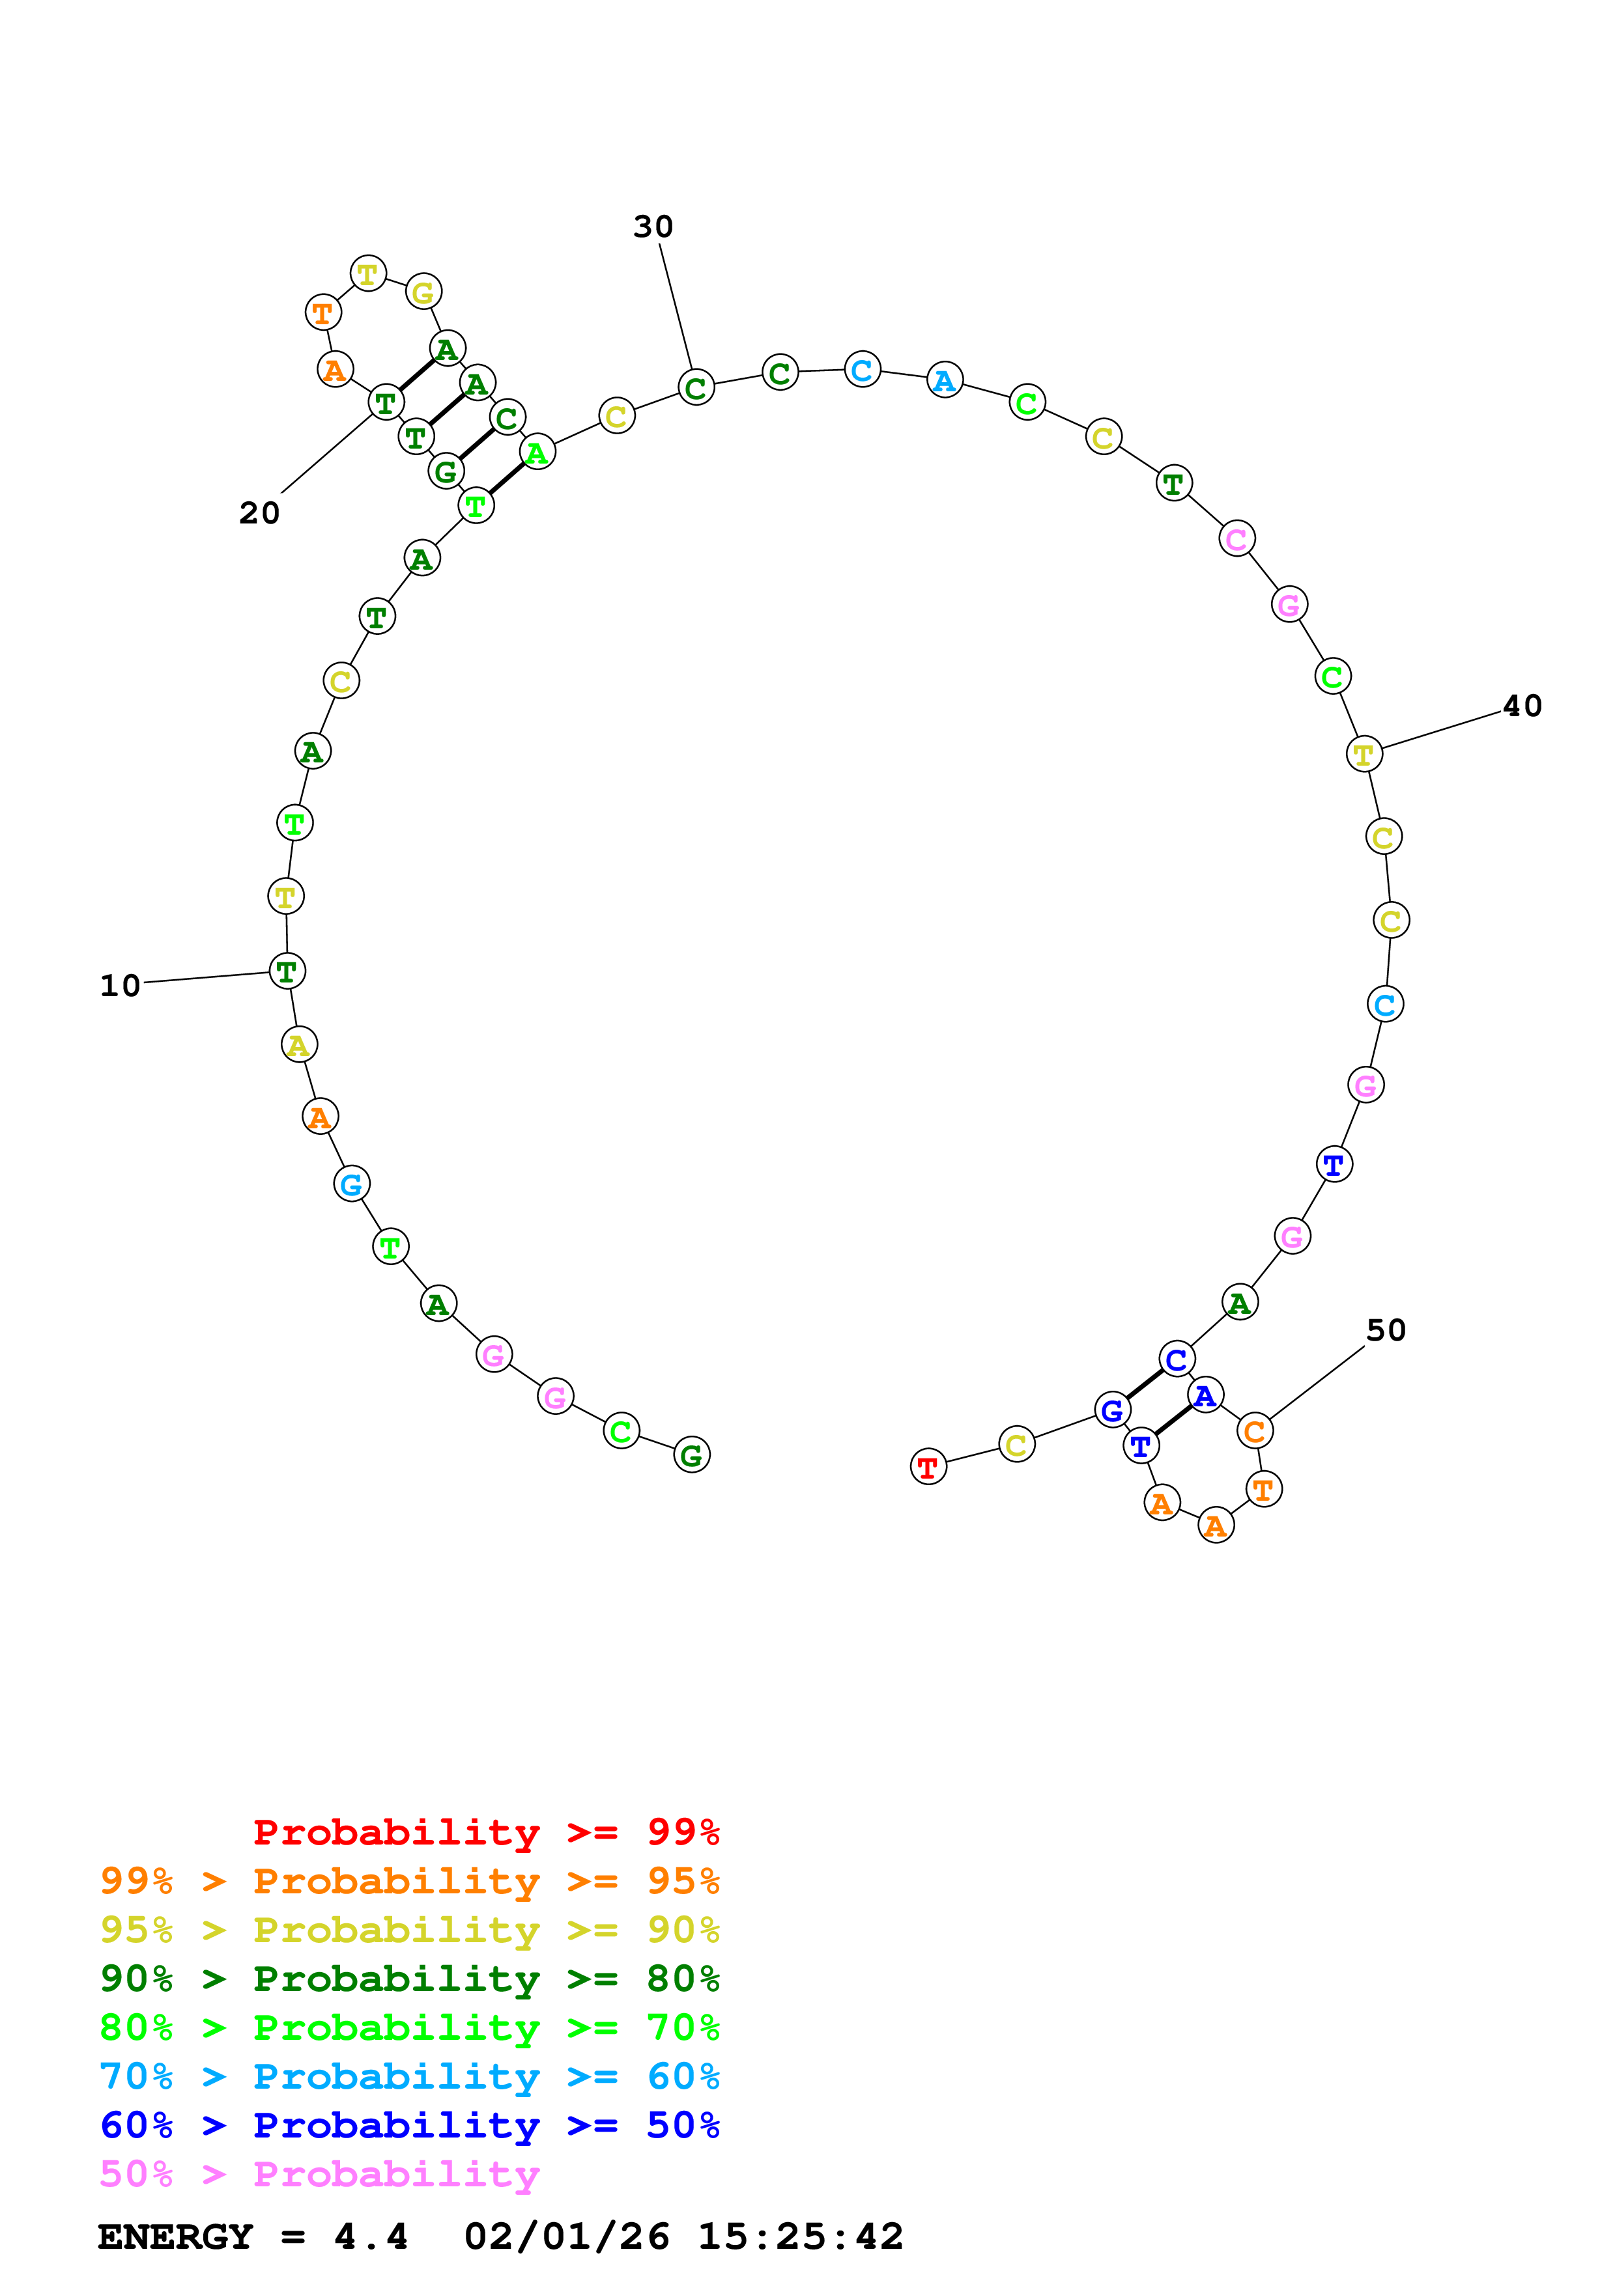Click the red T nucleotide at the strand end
point(928,1466)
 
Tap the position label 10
point(121,986)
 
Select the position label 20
point(259,513)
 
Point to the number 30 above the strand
point(653,227)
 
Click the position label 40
point(1521,706)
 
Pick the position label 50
point(1385,1330)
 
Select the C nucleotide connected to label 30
point(696,388)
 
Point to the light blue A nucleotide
point(945,380)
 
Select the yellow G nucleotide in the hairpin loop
point(423,292)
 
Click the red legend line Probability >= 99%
point(485,1832)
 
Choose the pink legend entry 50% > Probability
point(319,2175)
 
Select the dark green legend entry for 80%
point(409,1979)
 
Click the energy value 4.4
point(370,2236)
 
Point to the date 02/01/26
point(566,2236)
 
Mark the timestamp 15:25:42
point(800,2236)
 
